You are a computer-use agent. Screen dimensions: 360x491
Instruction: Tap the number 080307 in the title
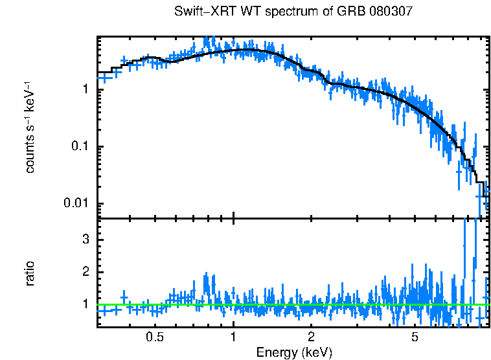(371, 12)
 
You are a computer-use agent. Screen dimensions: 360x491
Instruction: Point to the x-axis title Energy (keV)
(294, 353)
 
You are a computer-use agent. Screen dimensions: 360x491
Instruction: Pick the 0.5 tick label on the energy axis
(154, 337)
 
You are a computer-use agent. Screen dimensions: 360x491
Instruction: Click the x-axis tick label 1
(233, 337)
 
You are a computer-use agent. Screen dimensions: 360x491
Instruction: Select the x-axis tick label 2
(312, 337)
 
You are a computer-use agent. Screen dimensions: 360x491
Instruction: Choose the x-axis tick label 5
(415, 337)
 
